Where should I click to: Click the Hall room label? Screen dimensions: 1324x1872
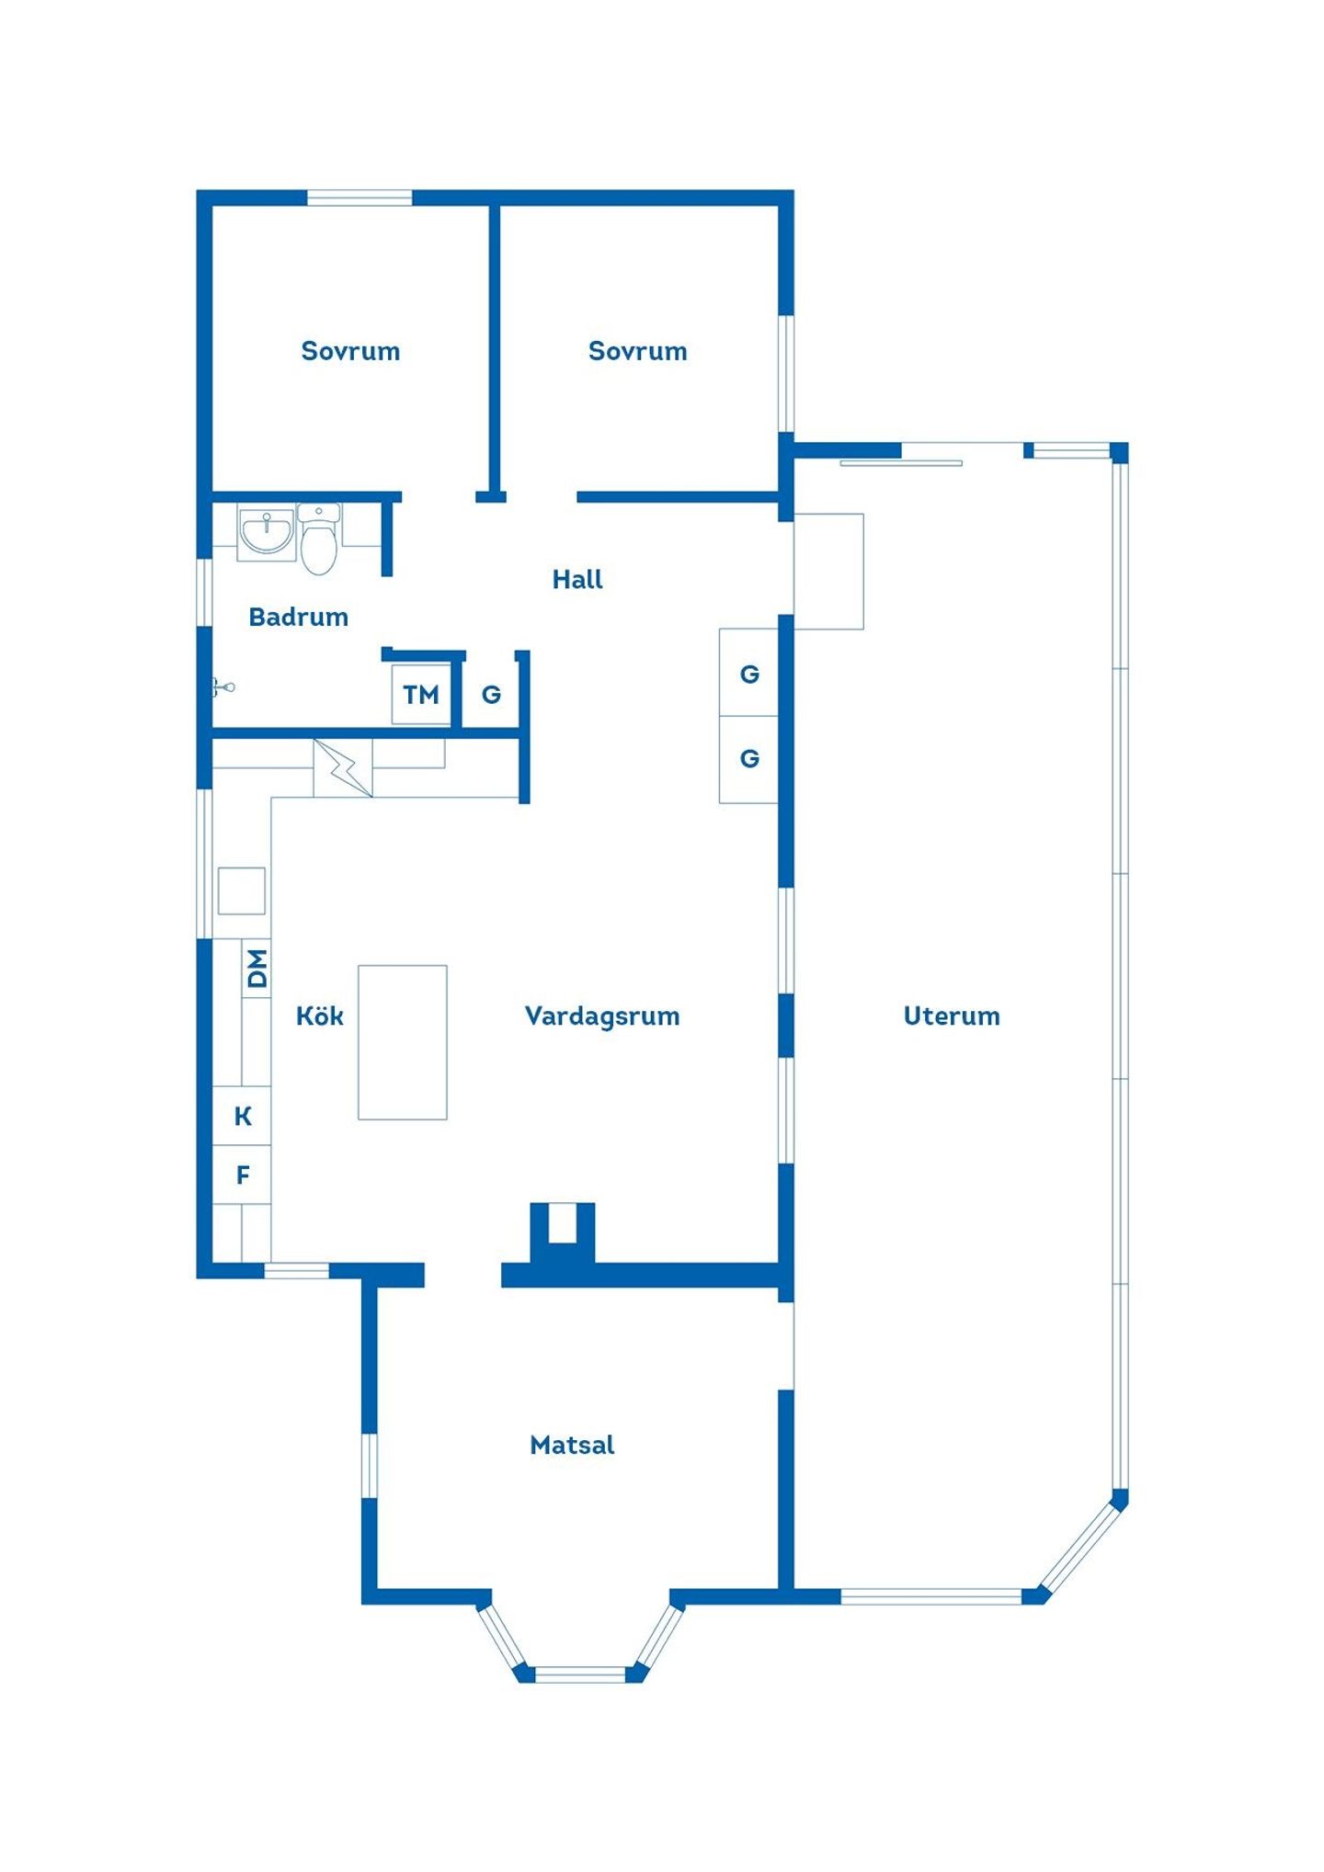click(577, 579)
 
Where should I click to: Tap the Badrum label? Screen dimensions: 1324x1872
click(298, 617)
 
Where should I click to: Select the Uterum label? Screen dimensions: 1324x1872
click(952, 1015)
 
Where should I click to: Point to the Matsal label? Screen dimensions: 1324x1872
click(572, 1445)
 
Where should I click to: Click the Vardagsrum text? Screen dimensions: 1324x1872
click(602, 1015)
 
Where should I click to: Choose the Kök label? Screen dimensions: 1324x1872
click(320, 1015)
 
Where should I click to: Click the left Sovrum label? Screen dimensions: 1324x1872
click(350, 351)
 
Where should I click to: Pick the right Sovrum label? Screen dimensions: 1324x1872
click(637, 351)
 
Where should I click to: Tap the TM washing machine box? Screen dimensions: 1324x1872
click(421, 694)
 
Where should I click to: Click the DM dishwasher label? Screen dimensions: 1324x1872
click(257, 968)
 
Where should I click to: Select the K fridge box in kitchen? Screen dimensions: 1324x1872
click(242, 1116)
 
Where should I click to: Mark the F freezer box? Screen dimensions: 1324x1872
click(242, 1174)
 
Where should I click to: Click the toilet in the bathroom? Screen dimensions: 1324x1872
click(318, 539)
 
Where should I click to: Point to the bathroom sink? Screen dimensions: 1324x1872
click(267, 533)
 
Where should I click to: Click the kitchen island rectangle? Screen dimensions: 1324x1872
click(403, 1042)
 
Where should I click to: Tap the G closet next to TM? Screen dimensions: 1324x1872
click(491, 694)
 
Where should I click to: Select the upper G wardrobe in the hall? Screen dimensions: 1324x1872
click(748, 673)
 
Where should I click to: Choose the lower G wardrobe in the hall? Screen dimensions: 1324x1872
click(748, 759)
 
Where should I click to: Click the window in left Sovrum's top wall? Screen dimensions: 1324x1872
click(360, 198)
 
